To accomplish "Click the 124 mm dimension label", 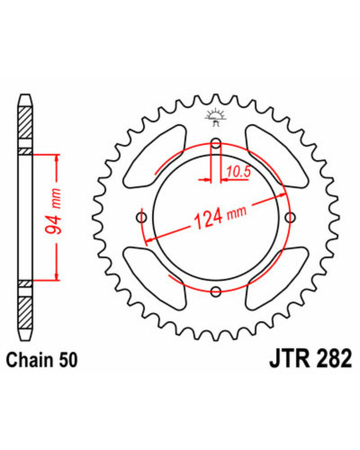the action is pos(220,216).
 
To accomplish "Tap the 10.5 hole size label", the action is pos(238,172).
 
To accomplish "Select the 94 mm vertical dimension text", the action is pos(53,211).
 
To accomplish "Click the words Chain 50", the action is pos(42,360).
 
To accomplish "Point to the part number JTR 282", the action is pos(310,359).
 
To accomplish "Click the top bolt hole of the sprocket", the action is pos(216,145).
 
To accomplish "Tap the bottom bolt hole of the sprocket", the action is pos(216,291).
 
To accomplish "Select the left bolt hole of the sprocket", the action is pos(141,217).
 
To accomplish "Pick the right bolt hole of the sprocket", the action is pos(290,217).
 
